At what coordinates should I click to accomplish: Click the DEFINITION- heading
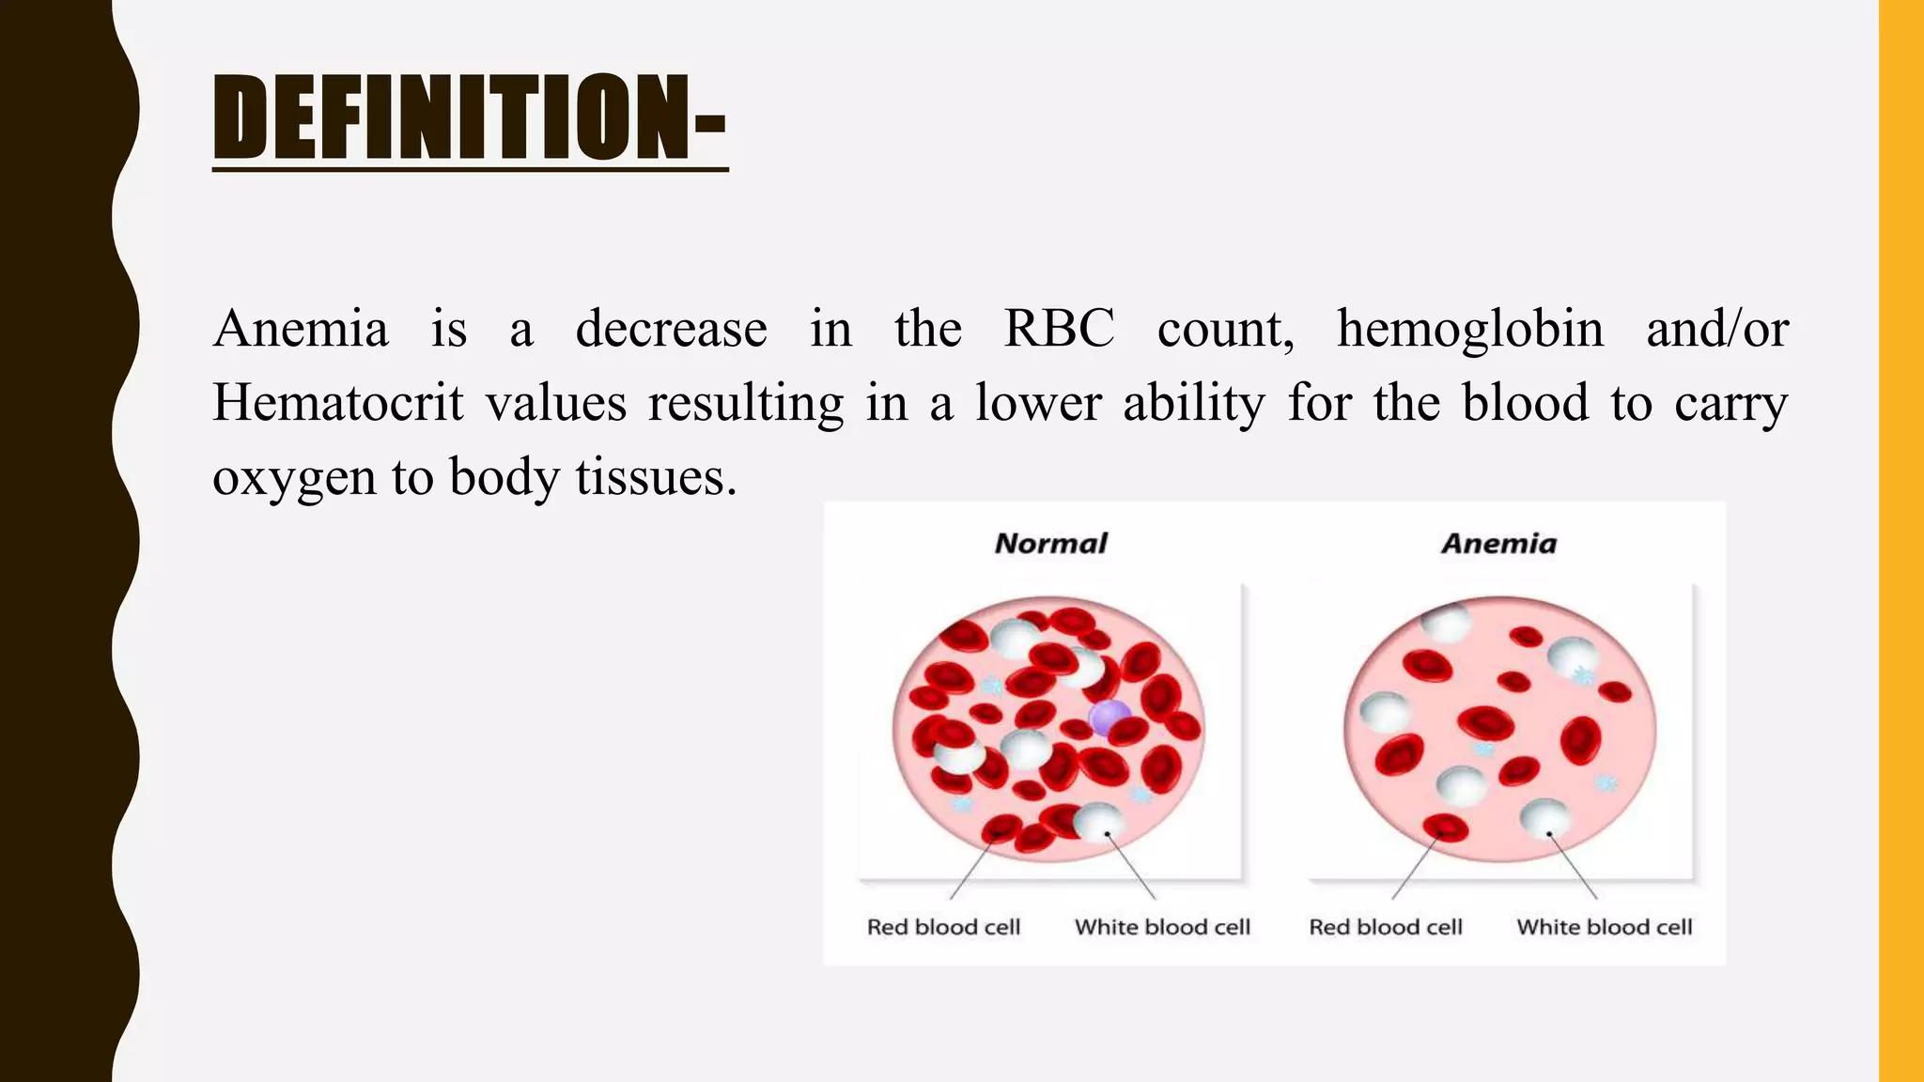click(x=470, y=117)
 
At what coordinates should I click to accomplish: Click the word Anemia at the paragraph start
click(x=301, y=330)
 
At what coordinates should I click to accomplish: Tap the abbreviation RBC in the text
click(x=1059, y=330)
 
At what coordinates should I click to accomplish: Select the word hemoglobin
click(x=1470, y=330)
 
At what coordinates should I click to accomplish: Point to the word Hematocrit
click(x=338, y=404)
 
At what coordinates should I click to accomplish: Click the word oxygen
click(x=292, y=478)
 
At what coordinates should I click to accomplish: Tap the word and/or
click(x=1716, y=330)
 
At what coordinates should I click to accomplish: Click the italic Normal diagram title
click(x=1050, y=544)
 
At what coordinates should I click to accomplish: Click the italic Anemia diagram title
click(x=1498, y=544)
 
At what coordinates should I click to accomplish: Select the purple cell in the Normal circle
click(x=1109, y=719)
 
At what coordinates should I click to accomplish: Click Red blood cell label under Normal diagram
click(x=943, y=927)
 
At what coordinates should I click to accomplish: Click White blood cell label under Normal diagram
click(x=1162, y=927)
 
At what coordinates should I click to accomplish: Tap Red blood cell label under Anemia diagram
click(x=1386, y=927)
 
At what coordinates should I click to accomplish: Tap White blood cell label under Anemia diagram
click(x=1604, y=927)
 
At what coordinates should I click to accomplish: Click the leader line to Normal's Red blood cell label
click(x=971, y=871)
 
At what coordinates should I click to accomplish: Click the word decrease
click(x=671, y=330)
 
